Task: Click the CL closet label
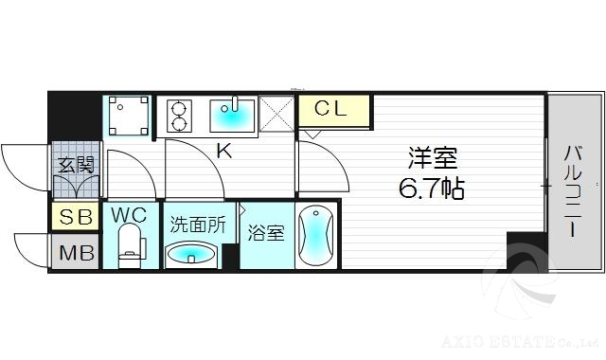[x=331, y=109]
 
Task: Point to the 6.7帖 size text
[x=431, y=189]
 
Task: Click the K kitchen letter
[x=224, y=149]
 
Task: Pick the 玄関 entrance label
[x=74, y=165]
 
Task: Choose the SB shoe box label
[x=74, y=217]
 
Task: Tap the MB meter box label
[x=74, y=253]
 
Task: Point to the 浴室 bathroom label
[x=266, y=233]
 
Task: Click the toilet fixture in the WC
[x=131, y=247]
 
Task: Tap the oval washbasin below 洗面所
[x=190, y=255]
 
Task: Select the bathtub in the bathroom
[x=315, y=237]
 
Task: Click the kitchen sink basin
[x=232, y=116]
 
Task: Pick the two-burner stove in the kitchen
[x=178, y=116]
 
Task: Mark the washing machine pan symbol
[x=127, y=117]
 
